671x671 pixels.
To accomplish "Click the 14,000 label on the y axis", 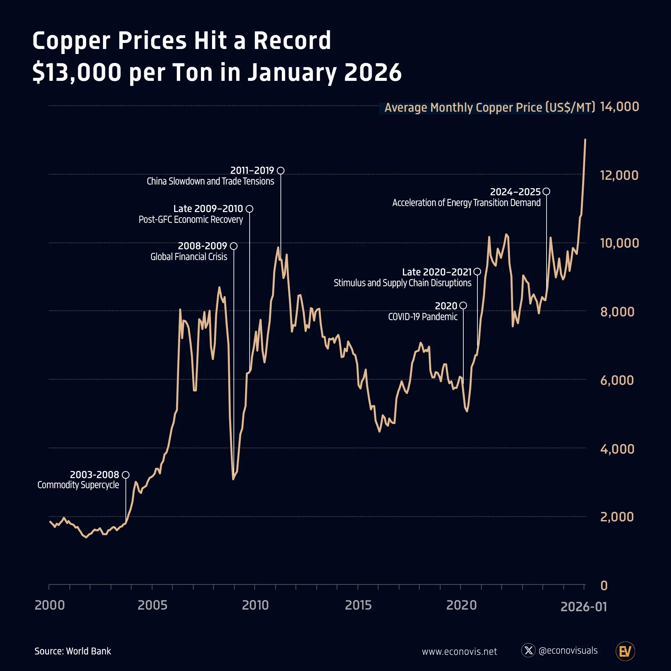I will [619, 107].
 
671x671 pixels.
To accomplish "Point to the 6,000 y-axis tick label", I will [617, 380].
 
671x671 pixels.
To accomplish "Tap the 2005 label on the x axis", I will [152, 605].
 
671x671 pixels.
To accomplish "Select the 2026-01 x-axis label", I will [583, 607].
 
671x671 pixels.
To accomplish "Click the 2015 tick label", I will [358, 605].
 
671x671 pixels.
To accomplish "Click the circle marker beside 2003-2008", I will [126, 475].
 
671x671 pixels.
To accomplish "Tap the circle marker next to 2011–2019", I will [280, 170].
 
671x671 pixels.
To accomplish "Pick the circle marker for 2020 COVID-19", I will [463, 305].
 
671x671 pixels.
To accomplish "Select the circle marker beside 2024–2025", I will [546, 191].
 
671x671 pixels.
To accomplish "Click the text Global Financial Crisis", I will [189, 257].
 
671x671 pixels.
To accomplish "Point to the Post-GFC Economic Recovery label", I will [191, 219].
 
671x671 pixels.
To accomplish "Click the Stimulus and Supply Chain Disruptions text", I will [402, 283].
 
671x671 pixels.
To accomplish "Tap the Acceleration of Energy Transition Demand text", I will [466, 203].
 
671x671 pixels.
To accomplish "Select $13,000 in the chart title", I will [77, 72].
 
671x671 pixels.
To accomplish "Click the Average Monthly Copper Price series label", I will [489, 107].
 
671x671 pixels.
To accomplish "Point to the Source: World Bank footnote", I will [72, 651].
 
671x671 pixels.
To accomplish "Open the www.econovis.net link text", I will [459, 652].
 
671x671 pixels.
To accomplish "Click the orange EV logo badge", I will [625, 651].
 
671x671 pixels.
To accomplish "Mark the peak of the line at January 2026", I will [585, 140].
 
